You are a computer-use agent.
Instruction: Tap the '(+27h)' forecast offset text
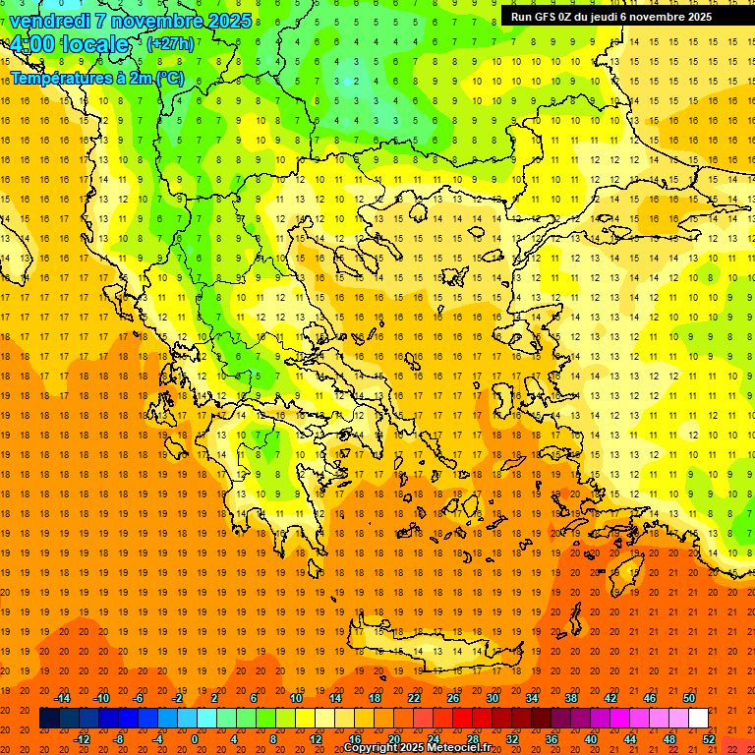coord(170,44)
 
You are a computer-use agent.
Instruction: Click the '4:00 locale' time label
coord(70,45)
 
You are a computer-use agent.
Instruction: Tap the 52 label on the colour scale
coord(709,738)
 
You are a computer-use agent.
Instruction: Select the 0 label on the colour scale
coord(195,738)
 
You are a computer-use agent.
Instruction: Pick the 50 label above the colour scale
coord(689,698)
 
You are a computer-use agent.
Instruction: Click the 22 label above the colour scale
coord(414,698)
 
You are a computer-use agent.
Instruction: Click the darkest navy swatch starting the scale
coord(49,719)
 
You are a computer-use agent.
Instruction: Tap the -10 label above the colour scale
coord(100,698)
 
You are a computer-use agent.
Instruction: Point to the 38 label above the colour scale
coord(571,698)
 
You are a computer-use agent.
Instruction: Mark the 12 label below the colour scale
coord(316,738)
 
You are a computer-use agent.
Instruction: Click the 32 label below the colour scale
coord(512,738)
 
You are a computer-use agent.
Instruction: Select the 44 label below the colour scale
coord(630,738)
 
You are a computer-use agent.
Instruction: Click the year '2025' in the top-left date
coord(227,21)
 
